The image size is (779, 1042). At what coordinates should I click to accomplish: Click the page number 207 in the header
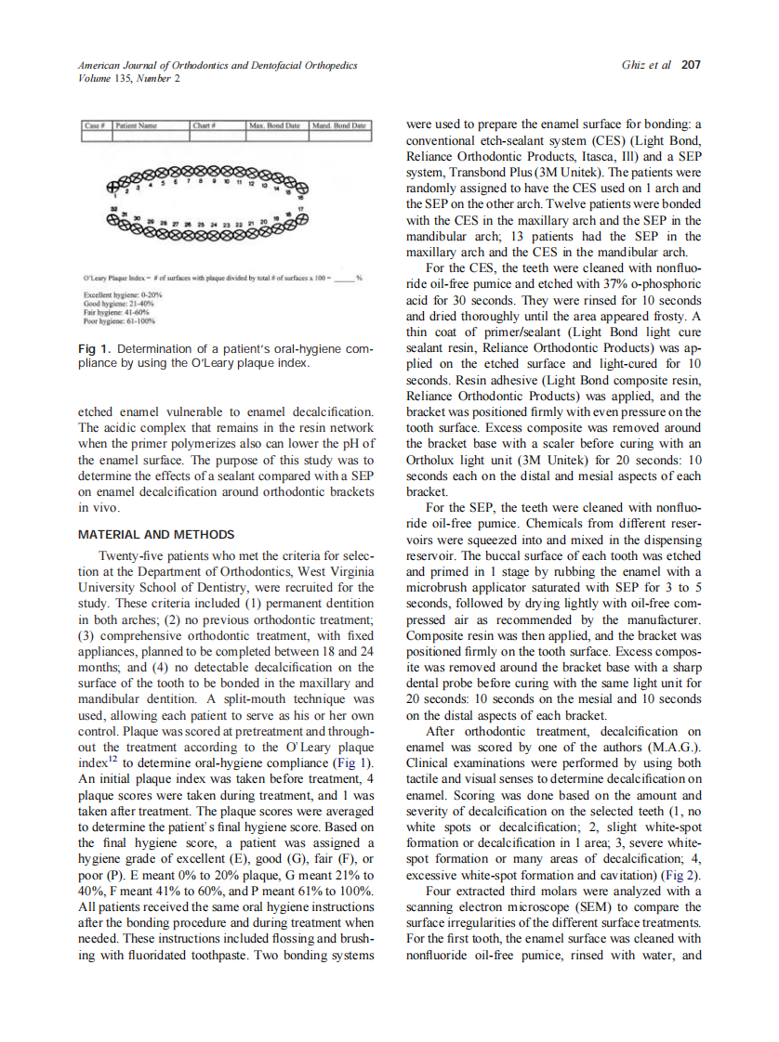tap(691, 65)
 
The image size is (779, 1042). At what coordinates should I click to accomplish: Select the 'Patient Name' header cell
tap(136, 124)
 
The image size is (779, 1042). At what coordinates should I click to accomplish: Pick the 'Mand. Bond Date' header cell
tap(340, 124)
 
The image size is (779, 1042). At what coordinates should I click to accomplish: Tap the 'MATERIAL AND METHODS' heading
tap(155, 535)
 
